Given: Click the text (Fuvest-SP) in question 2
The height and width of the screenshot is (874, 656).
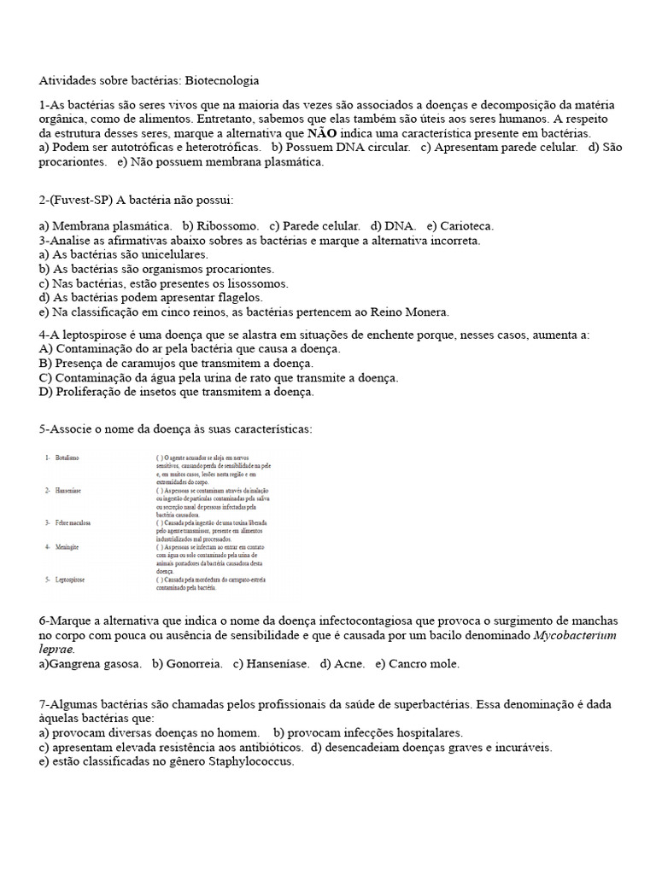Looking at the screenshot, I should click(81, 201).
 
